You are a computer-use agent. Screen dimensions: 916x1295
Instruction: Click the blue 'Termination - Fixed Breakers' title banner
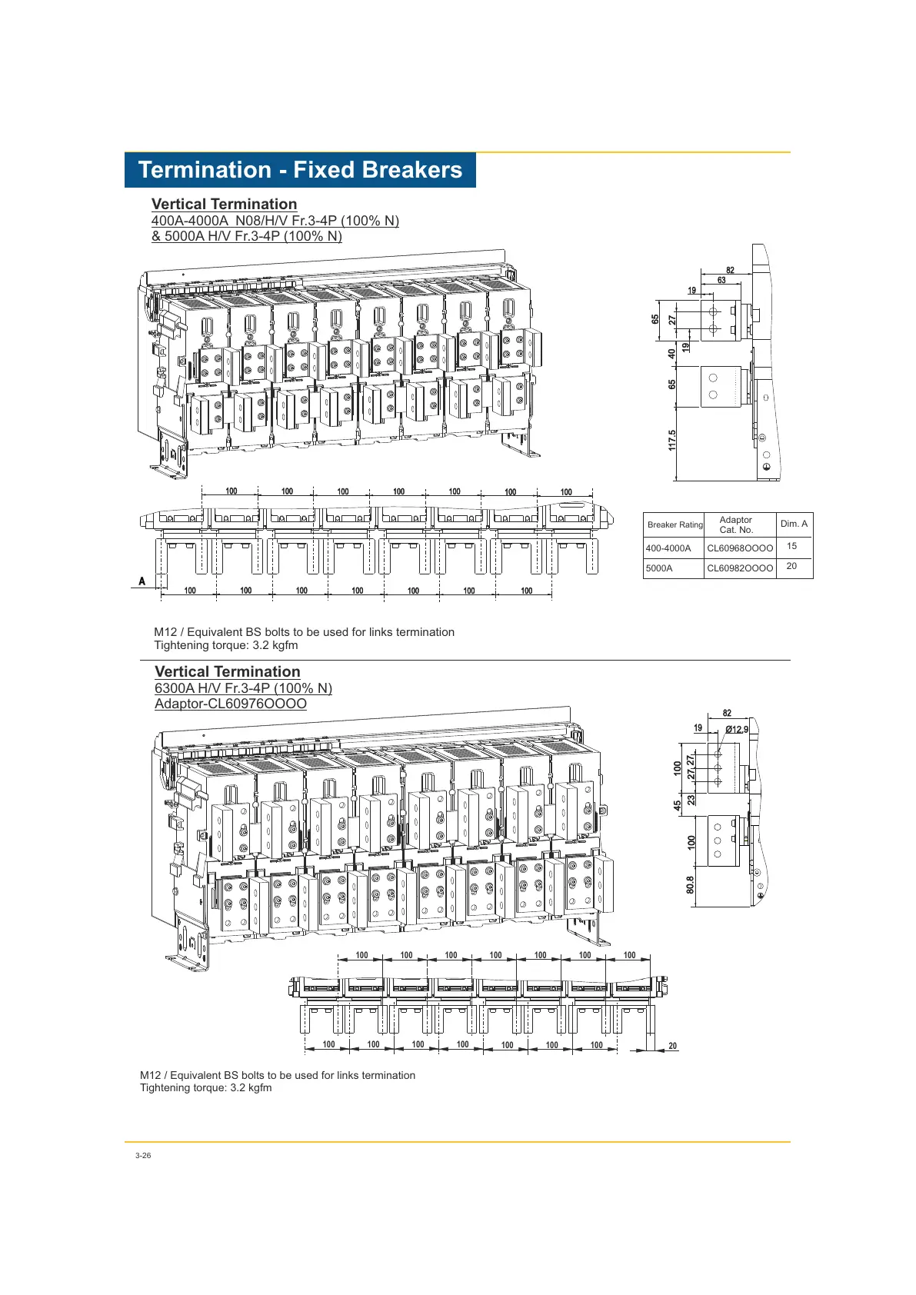(300, 170)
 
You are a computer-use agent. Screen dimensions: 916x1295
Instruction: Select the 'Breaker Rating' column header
(675, 525)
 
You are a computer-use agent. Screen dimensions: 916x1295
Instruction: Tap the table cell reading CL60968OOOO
(740, 548)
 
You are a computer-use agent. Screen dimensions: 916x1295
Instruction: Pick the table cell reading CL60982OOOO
(740, 568)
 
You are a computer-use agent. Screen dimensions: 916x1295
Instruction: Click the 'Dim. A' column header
(794, 524)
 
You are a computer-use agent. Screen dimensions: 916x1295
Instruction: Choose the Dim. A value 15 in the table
(791, 546)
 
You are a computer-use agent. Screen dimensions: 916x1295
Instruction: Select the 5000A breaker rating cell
(658, 568)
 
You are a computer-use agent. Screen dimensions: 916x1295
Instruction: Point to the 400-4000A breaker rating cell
(668, 548)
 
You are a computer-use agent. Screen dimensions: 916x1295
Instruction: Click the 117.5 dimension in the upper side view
(671, 441)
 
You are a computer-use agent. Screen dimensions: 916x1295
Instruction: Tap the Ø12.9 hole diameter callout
(737, 730)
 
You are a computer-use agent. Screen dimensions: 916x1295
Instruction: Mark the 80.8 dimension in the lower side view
(690, 885)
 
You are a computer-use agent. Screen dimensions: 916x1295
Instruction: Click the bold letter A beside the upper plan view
(142, 581)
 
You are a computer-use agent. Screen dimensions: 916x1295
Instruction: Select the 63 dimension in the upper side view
(721, 281)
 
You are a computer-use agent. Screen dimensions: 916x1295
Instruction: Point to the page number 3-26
(143, 1156)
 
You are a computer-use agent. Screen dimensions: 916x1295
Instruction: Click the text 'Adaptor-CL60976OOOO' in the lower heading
(231, 704)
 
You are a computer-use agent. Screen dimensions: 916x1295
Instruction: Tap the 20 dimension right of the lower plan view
(672, 1046)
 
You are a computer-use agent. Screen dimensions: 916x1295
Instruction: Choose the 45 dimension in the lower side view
(677, 805)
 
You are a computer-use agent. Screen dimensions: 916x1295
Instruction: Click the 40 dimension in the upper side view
(671, 353)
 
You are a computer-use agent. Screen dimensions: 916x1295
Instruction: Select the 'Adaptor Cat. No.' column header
(735, 525)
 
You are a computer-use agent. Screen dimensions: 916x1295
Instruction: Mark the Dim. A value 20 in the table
(791, 566)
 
